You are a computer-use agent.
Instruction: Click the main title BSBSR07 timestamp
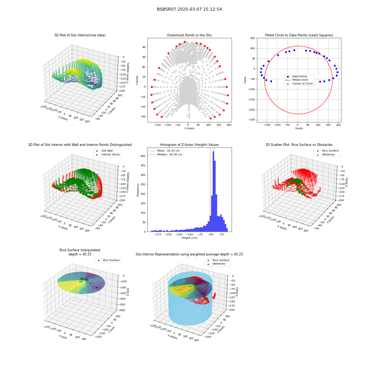coord(189,9)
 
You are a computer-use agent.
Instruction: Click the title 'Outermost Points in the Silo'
coord(189,35)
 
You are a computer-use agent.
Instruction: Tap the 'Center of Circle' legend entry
coord(300,84)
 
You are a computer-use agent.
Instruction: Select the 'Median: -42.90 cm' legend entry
coord(166,155)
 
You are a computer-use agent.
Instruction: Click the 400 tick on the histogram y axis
coord(143,156)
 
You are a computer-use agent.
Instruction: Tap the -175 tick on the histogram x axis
coord(158,235)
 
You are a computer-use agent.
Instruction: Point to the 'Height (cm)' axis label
coord(189,238)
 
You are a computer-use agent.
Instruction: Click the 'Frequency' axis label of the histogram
coord(138,190)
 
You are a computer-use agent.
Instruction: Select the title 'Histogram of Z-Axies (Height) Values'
coord(189,145)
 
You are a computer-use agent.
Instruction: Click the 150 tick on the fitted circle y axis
coord(252,38)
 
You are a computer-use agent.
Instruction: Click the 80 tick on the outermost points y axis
coord(144,47)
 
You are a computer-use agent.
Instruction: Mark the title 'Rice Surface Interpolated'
coord(80,250)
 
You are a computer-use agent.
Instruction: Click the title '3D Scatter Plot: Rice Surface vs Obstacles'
coord(299,145)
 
